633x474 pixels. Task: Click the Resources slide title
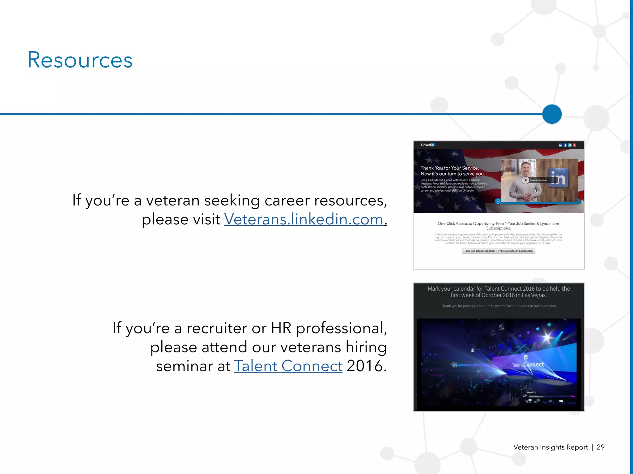click(x=80, y=60)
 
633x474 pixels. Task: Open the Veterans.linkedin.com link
click(x=304, y=219)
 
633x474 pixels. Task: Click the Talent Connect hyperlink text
click(x=288, y=366)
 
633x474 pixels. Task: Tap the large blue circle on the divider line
click(x=552, y=114)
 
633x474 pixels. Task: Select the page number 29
click(x=600, y=447)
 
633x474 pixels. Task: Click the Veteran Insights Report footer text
click(x=550, y=447)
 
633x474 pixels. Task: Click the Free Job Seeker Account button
click(x=498, y=251)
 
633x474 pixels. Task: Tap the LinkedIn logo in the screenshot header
click(x=428, y=145)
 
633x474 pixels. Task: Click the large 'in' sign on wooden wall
click(x=558, y=178)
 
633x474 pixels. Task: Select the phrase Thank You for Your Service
click(x=449, y=168)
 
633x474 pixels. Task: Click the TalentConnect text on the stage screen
click(x=528, y=365)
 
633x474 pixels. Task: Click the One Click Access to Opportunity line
click(x=498, y=224)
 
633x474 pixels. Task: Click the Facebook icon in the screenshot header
click(x=565, y=145)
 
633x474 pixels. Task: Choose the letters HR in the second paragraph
click(x=281, y=328)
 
